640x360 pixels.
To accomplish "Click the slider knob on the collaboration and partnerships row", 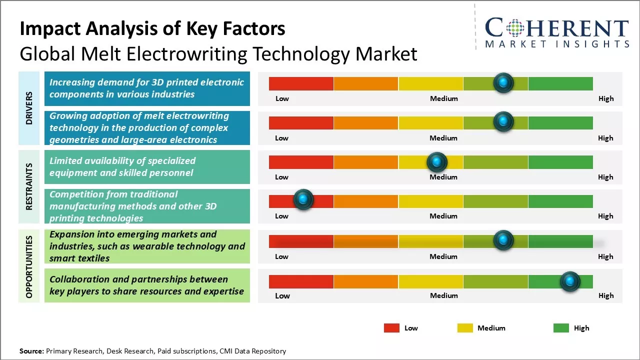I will [x=569, y=281].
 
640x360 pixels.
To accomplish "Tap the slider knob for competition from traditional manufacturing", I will [x=303, y=199].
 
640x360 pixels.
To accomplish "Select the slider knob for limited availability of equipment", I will [x=437, y=162].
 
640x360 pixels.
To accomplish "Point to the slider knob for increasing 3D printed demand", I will [x=503, y=82].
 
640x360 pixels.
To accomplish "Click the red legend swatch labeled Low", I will [x=391, y=328].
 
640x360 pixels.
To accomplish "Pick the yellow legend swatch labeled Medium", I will [x=465, y=328].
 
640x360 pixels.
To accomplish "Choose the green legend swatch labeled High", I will [x=561, y=328].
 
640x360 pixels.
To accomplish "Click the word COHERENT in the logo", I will [x=557, y=28].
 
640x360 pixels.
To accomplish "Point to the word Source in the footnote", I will [x=31, y=351].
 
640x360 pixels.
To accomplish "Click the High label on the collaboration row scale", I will [x=605, y=295].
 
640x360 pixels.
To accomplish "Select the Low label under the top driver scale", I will [x=282, y=98].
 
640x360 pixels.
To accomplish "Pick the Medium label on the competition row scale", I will [x=443, y=216].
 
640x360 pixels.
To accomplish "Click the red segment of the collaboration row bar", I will [x=301, y=281].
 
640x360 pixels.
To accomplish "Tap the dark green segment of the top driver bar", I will [x=560, y=83].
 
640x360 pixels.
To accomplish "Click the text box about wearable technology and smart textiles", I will [x=147, y=246].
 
